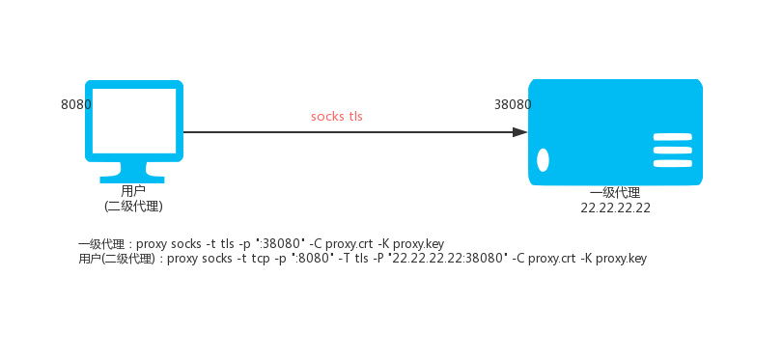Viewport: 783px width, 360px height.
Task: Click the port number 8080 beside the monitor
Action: [x=76, y=105]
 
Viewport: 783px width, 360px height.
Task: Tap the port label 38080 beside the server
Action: [x=513, y=105]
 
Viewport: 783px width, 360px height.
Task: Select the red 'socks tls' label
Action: [x=337, y=117]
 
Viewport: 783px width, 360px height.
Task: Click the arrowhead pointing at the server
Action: [x=520, y=132]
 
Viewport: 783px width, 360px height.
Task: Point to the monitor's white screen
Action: [x=134, y=121]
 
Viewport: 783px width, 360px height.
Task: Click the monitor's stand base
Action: [x=132, y=180]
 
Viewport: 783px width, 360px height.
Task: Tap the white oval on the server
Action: [x=543, y=160]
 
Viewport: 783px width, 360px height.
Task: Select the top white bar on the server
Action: [x=673, y=137]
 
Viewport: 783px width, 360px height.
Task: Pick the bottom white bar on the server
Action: [x=673, y=163]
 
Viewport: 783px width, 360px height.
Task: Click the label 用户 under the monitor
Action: [x=133, y=191]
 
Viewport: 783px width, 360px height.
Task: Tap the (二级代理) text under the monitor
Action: [x=134, y=206]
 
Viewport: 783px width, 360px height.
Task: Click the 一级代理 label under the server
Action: [x=615, y=193]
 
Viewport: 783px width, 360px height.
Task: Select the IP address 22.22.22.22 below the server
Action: [x=615, y=208]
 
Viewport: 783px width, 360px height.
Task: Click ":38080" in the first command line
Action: [x=280, y=244]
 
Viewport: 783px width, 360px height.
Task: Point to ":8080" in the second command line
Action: [x=308, y=259]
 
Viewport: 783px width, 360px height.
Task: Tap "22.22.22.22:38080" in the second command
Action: [x=447, y=259]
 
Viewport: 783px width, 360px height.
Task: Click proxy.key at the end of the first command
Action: [x=418, y=244]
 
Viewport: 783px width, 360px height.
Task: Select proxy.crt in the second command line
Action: [x=552, y=259]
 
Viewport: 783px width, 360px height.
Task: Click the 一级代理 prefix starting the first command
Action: [x=103, y=244]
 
